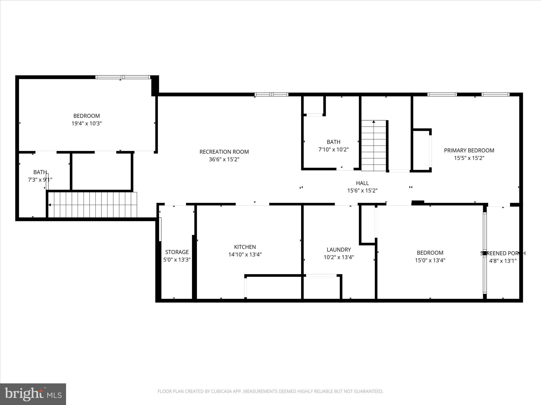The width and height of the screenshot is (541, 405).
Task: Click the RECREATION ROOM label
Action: [x=224, y=152]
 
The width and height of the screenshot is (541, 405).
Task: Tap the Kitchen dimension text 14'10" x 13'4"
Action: [x=245, y=255]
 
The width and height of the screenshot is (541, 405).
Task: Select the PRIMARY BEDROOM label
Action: [x=469, y=151]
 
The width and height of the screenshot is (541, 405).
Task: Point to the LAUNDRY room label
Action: [x=339, y=250]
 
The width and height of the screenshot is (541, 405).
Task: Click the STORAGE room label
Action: [x=177, y=252]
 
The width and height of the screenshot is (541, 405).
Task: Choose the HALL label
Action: [x=362, y=183]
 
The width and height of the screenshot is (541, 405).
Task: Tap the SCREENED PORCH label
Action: [x=503, y=253]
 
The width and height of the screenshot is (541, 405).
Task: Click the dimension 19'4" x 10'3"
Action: [x=87, y=123]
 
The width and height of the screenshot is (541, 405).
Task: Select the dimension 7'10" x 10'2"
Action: [x=333, y=150]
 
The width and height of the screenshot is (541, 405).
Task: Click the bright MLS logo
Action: [x=33, y=394]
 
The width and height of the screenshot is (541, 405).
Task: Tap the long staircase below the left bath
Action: [x=92, y=205]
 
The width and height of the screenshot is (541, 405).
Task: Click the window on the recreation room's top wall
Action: [x=271, y=94]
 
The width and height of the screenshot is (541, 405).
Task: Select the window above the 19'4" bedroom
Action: [x=123, y=77]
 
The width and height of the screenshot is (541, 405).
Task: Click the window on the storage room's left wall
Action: [x=160, y=229]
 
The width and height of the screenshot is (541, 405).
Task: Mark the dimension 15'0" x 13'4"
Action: [x=430, y=261]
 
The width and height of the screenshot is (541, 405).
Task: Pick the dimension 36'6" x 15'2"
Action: [x=224, y=160]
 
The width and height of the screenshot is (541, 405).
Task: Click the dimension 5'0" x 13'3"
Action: [x=177, y=260]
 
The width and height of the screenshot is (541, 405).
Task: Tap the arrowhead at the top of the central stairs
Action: [x=374, y=122]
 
